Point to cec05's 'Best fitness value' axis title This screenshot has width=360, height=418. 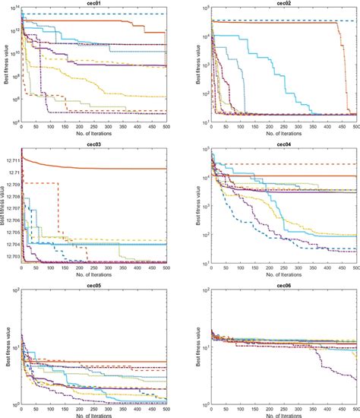(x=4, y=346)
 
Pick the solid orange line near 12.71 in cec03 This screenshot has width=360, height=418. (x=114, y=168)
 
